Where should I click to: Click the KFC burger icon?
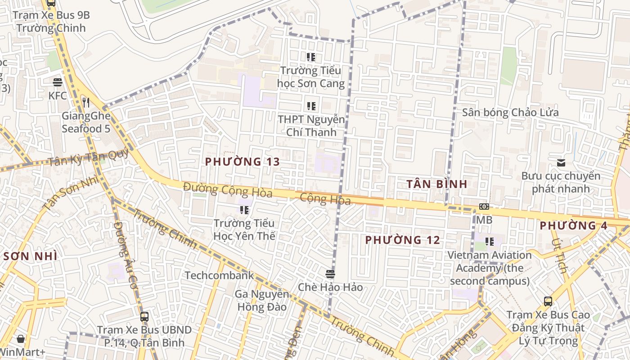click(x=58, y=82)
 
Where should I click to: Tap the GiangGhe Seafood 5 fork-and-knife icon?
click(x=86, y=103)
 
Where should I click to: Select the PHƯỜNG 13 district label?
click(x=243, y=162)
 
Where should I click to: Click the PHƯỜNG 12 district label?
click(x=402, y=240)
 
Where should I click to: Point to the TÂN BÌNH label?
click(x=436, y=184)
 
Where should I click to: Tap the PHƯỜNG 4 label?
click(x=573, y=225)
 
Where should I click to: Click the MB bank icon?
click(x=484, y=207)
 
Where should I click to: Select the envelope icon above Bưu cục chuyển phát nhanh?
click(x=561, y=163)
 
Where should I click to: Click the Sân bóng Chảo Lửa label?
click(x=510, y=112)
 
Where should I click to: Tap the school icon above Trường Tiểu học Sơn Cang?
click(x=311, y=57)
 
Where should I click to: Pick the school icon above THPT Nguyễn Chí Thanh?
click(x=311, y=106)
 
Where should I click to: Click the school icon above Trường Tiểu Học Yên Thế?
click(x=244, y=210)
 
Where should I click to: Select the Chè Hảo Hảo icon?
click(x=330, y=274)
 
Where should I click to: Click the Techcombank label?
click(x=219, y=275)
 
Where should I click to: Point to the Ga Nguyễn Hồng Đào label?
click(x=261, y=301)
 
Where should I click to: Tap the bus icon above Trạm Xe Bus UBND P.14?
click(x=144, y=316)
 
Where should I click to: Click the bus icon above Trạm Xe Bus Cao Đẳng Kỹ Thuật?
click(x=548, y=301)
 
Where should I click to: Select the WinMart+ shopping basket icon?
click(x=21, y=339)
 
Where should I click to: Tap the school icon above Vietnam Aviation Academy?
click(x=490, y=242)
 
